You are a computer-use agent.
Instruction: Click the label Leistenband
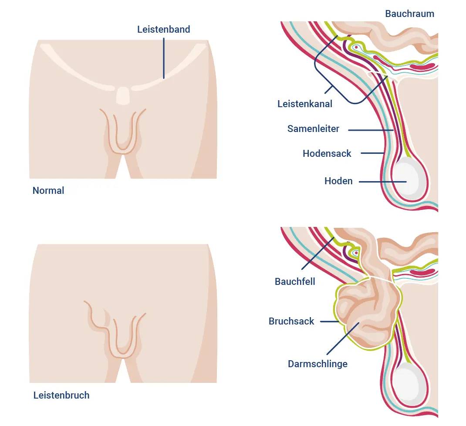163,30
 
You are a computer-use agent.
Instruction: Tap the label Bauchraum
409,14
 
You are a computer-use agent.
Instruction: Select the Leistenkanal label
305,104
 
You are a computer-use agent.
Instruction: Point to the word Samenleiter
313,129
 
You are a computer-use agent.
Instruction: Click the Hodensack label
327,153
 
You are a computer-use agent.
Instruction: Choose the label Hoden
338,181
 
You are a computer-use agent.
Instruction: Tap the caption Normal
48,191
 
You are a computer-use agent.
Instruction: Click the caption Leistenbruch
61,396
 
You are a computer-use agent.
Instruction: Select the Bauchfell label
295,281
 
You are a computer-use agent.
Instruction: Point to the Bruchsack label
291,321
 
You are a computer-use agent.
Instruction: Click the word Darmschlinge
317,364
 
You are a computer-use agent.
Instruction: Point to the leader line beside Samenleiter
370,129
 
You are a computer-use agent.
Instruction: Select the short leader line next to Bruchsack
329,321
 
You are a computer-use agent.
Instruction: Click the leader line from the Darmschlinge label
342,338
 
